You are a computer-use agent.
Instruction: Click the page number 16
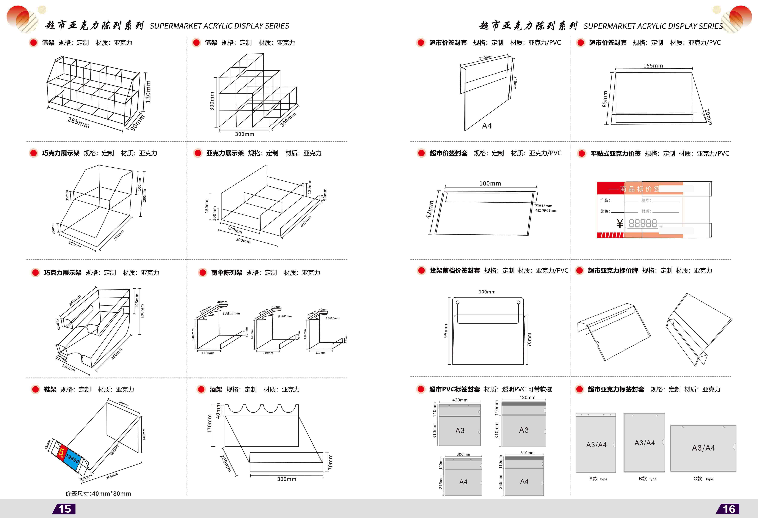pos(729,509)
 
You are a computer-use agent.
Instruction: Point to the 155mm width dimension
pos(653,66)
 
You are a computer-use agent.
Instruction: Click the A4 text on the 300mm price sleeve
pos(487,126)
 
